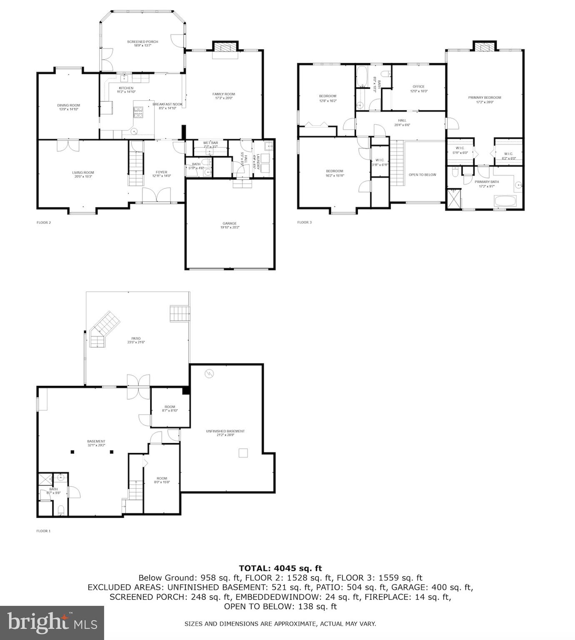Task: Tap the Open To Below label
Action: click(x=422, y=175)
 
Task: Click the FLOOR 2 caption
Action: click(x=44, y=222)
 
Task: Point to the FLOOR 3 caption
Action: click(x=304, y=222)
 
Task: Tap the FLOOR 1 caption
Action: click(x=43, y=531)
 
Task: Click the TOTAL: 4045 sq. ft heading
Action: click(x=280, y=568)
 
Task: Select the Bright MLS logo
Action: click(x=52, y=622)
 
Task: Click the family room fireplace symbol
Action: click(x=225, y=47)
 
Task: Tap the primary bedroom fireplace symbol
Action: click(x=485, y=47)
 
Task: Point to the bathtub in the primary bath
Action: click(x=505, y=202)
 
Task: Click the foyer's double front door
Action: click(x=156, y=195)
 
